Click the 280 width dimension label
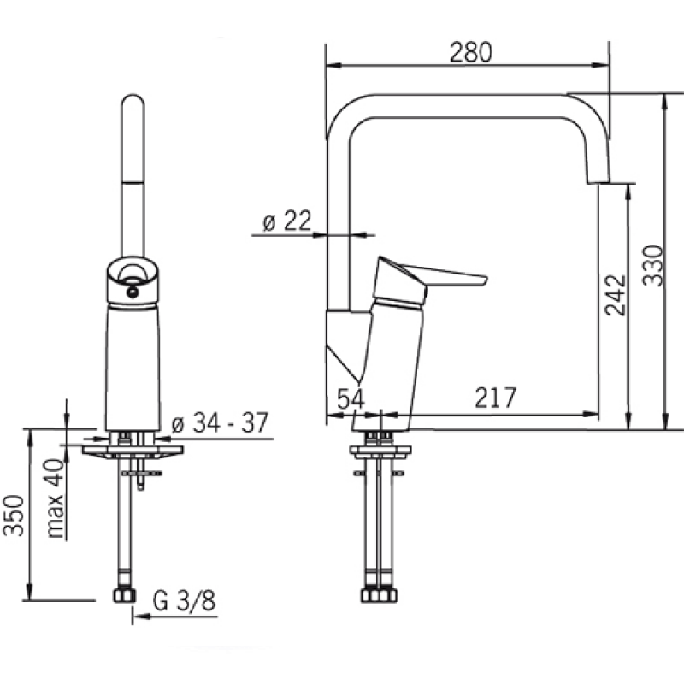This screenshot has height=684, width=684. coord(471,52)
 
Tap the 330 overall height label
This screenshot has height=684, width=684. coord(653,266)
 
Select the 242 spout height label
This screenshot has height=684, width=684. coord(616,295)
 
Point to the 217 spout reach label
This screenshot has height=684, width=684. coord(495,398)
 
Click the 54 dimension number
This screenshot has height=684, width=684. coord(351,398)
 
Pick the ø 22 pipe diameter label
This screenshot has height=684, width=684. coord(287,221)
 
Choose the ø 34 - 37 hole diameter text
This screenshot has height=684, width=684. coord(220,422)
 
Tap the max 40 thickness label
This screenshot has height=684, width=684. coord(56,498)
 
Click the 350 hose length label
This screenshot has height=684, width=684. coord(13,516)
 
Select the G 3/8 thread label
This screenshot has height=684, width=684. coord(184,601)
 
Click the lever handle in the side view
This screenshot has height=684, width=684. coord(429,280)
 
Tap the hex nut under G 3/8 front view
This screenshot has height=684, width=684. coord(125,595)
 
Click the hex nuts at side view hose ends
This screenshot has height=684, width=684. coord(379,595)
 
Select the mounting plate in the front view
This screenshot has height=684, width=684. coord(133,451)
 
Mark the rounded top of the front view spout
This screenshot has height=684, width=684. coord(133,101)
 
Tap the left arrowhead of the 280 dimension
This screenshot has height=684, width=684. coord(334,66)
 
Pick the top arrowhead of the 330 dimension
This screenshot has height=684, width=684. coord(664,102)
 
